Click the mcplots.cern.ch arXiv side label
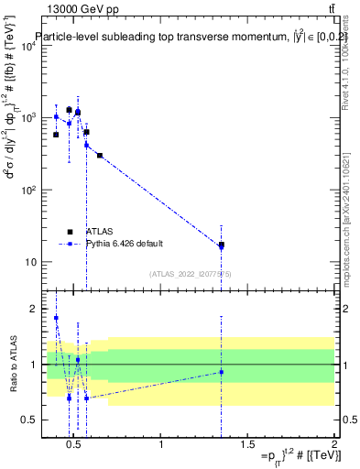352,229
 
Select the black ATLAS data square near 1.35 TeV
221,245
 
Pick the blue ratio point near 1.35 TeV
221,371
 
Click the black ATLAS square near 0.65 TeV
100,156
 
